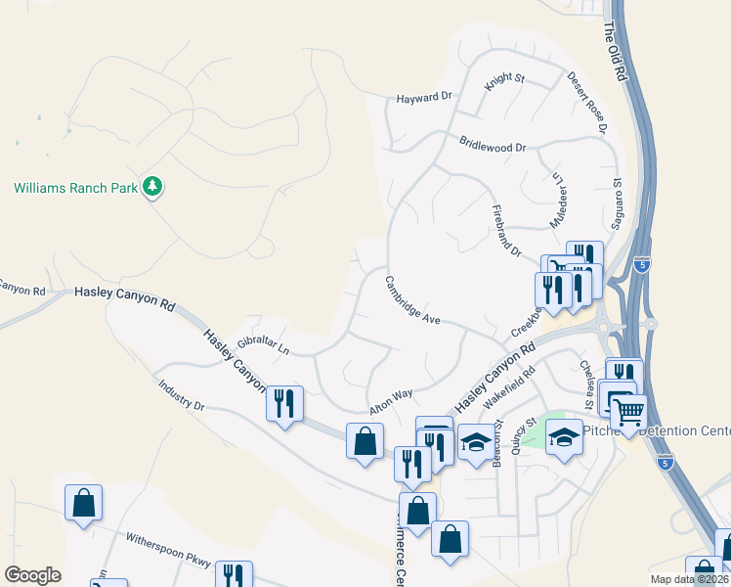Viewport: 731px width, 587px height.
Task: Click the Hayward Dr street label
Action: click(425, 98)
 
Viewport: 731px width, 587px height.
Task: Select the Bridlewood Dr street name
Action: click(493, 145)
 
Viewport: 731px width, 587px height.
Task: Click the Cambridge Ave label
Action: click(412, 299)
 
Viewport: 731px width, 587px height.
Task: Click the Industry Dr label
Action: click(182, 392)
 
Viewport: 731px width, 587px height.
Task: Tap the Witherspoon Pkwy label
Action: click(167, 550)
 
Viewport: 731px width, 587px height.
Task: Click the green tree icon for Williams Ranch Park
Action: click(151, 186)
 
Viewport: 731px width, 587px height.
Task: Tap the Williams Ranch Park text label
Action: click(75, 187)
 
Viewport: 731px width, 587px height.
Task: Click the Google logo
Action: click(33, 576)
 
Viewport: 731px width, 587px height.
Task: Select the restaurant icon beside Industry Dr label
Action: click(283, 403)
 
